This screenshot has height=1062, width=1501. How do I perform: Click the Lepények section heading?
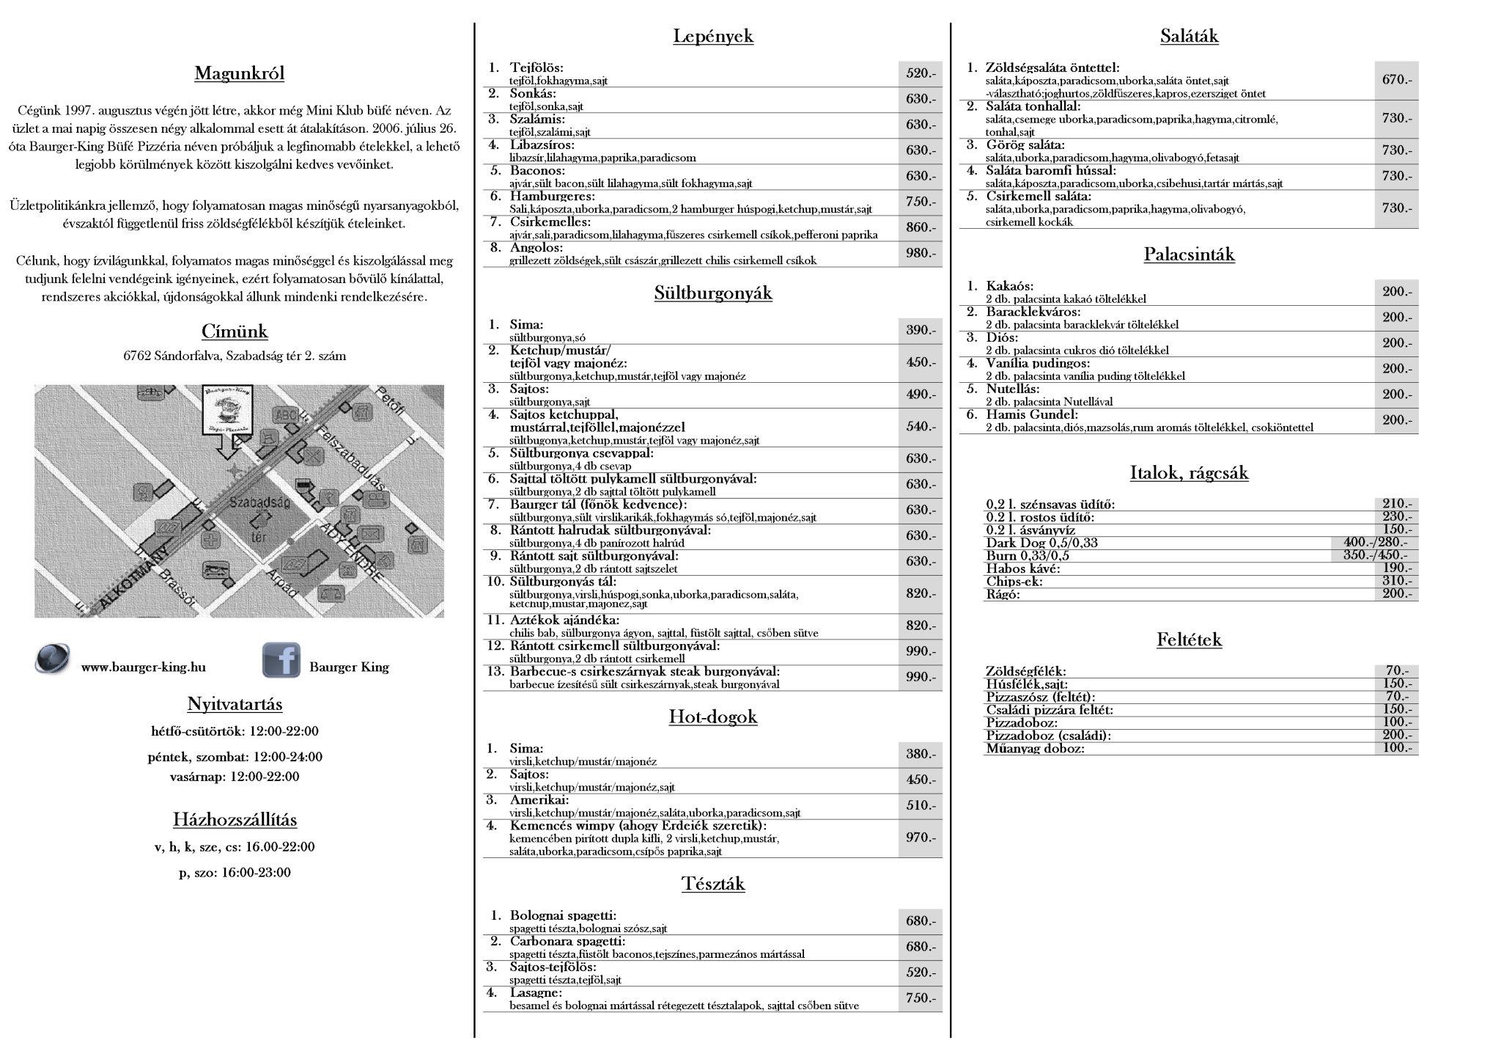(x=712, y=36)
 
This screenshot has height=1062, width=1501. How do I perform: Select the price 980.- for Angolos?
(x=921, y=253)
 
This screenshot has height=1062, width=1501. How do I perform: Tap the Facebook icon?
(x=281, y=659)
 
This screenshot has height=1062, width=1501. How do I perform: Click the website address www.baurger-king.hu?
(x=143, y=667)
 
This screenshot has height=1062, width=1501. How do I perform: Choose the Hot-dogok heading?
(x=712, y=717)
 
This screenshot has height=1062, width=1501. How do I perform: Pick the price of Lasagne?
(x=921, y=998)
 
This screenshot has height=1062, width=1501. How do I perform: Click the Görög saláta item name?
(x=1025, y=144)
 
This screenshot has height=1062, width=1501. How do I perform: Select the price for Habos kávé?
(x=1396, y=568)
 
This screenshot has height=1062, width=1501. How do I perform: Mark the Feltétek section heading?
(x=1189, y=640)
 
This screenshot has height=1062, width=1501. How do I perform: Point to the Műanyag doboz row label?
(x=1035, y=748)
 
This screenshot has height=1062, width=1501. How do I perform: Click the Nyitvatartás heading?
(x=235, y=704)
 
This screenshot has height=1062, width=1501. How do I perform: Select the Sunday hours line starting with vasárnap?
(x=235, y=777)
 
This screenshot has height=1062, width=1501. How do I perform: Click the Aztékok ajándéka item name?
(x=564, y=620)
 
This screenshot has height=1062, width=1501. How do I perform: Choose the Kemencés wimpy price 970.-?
(x=921, y=838)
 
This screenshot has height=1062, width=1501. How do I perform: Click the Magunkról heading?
(x=239, y=73)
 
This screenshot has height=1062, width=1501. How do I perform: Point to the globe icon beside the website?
(x=53, y=657)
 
